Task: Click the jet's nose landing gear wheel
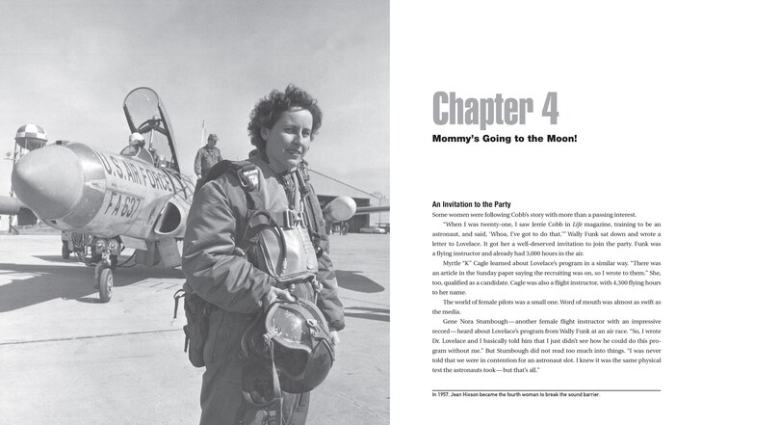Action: coord(105,282)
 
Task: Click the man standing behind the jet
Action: coord(209,154)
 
